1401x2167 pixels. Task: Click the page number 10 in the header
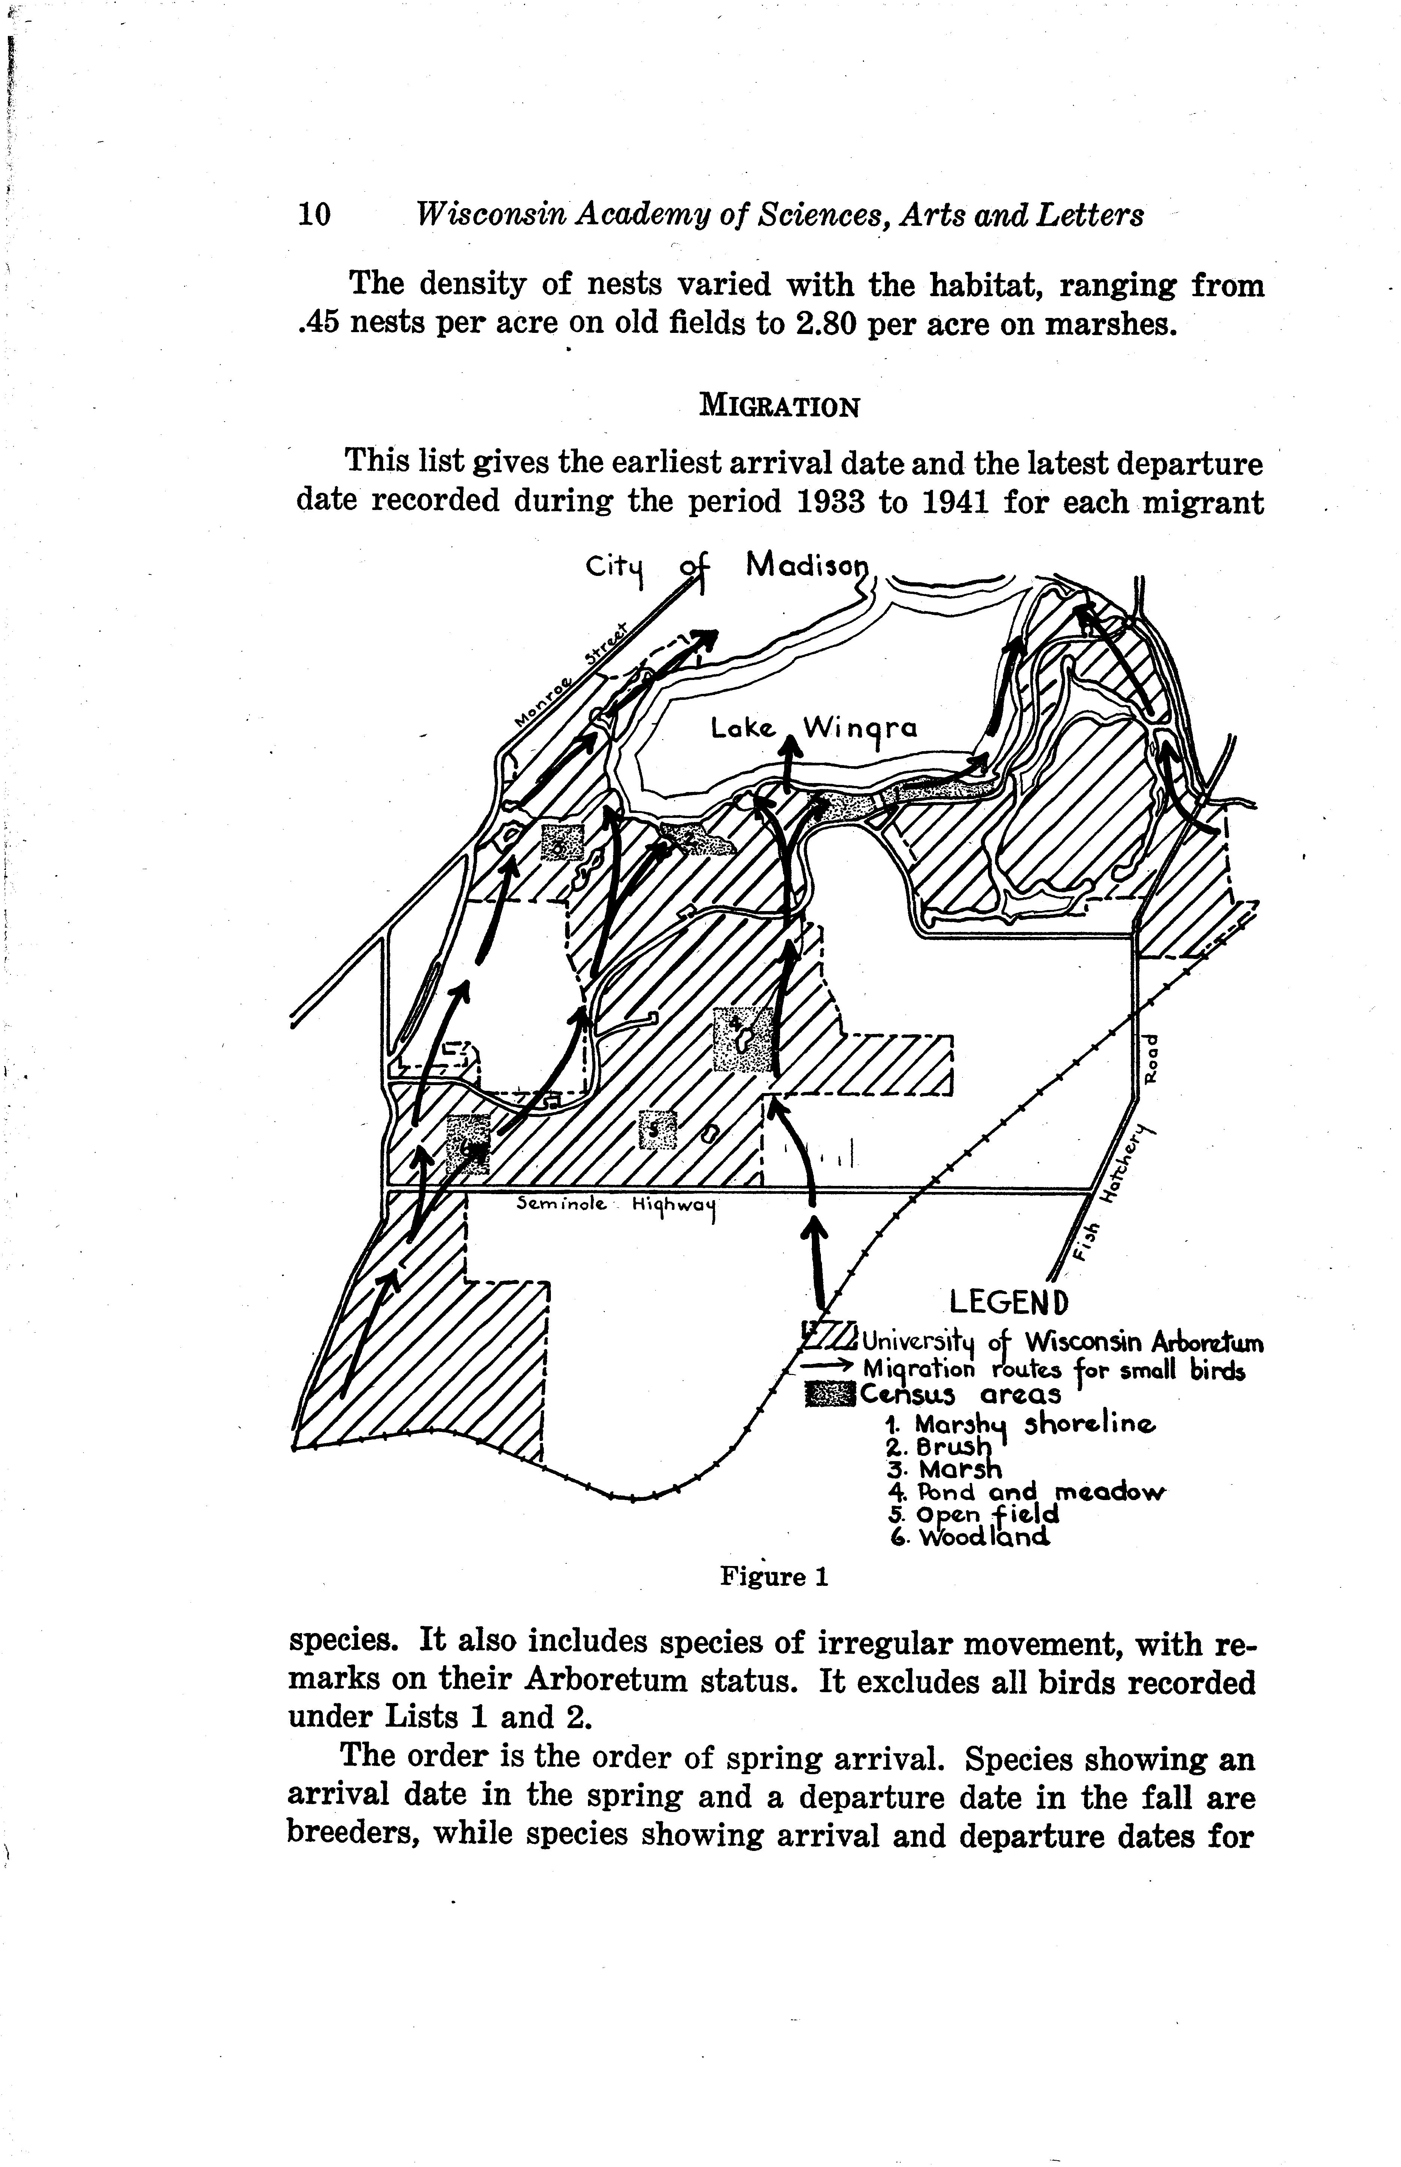pos(314,215)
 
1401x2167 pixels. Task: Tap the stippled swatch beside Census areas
pos(830,1393)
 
